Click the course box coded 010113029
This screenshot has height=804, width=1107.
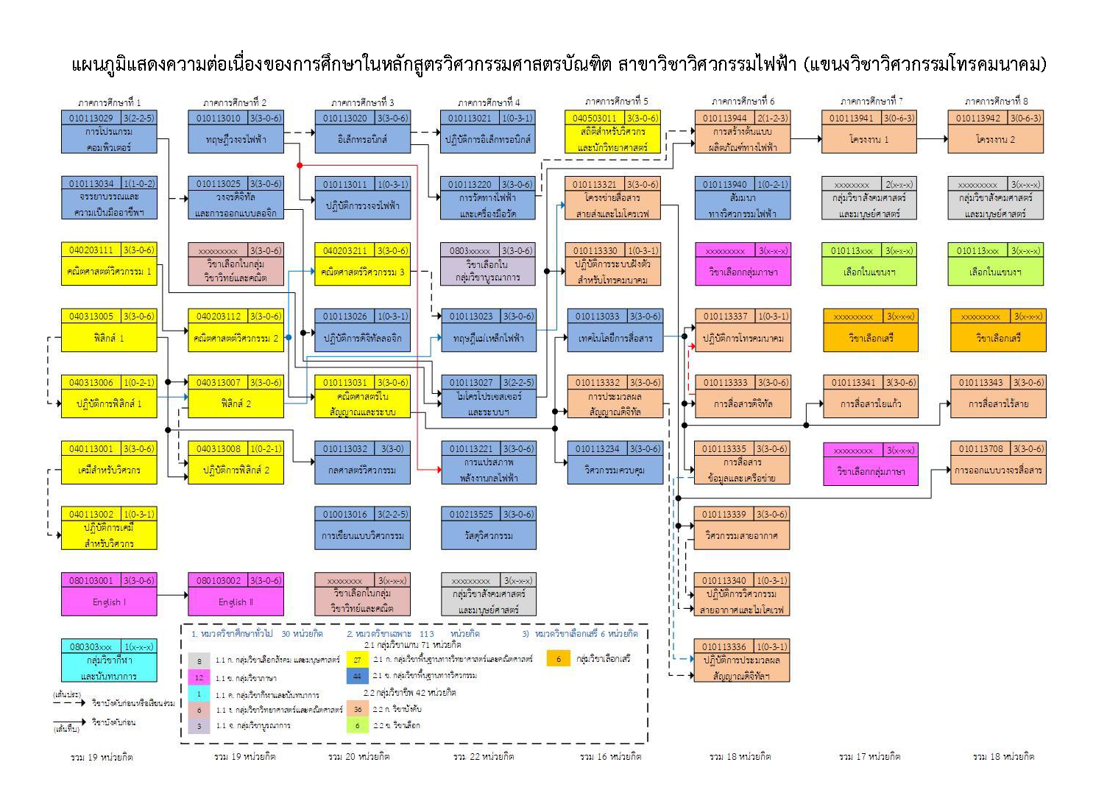click(x=109, y=132)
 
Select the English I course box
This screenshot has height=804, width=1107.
click(x=109, y=594)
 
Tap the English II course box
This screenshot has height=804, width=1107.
click(x=236, y=594)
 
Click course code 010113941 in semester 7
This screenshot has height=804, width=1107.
click(x=869, y=132)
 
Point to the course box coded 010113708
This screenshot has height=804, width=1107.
click(x=998, y=462)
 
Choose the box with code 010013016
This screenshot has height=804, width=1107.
click(x=362, y=528)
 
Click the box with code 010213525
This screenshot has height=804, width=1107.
click(x=489, y=528)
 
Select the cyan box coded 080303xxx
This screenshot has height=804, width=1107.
click(x=109, y=660)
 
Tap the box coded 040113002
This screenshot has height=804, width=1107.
click(x=109, y=528)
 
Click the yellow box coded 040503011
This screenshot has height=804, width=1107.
click(x=612, y=132)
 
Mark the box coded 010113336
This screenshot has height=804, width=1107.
click(x=742, y=660)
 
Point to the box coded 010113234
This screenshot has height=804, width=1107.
click(x=614, y=462)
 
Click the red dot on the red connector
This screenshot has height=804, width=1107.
click(x=300, y=166)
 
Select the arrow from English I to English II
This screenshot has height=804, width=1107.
click(x=172, y=595)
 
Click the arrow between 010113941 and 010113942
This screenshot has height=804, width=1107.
click(x=932, y=138)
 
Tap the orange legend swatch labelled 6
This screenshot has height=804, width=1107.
click(x=558, y=659)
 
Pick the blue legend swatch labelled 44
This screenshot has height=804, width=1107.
click(x=357, y=675)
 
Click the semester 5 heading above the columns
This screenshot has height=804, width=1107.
click(x=616, y=102)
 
